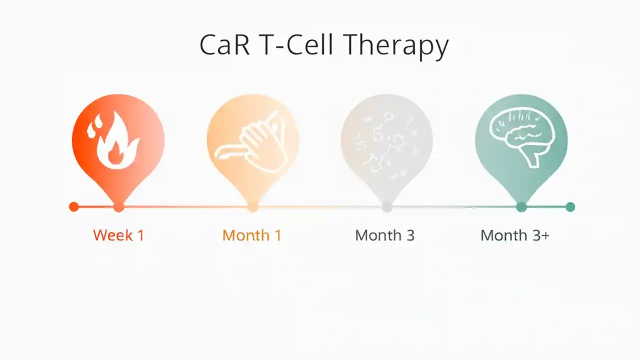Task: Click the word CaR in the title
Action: point(222,45)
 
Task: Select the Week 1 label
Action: point(118,235)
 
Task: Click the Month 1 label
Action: point(252,235)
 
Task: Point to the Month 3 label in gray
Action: point(385,235)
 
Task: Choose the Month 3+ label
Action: point(515,235)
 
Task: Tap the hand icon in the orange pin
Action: point(251,142)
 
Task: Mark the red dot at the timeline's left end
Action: point(73,206)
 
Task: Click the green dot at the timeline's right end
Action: point(570,206)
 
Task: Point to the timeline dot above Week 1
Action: point(118,206)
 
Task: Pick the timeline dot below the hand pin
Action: point(252,206)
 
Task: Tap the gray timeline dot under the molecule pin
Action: point(386,206)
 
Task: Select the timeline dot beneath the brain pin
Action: point(521,206)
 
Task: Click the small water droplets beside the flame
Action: point(92,127)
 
